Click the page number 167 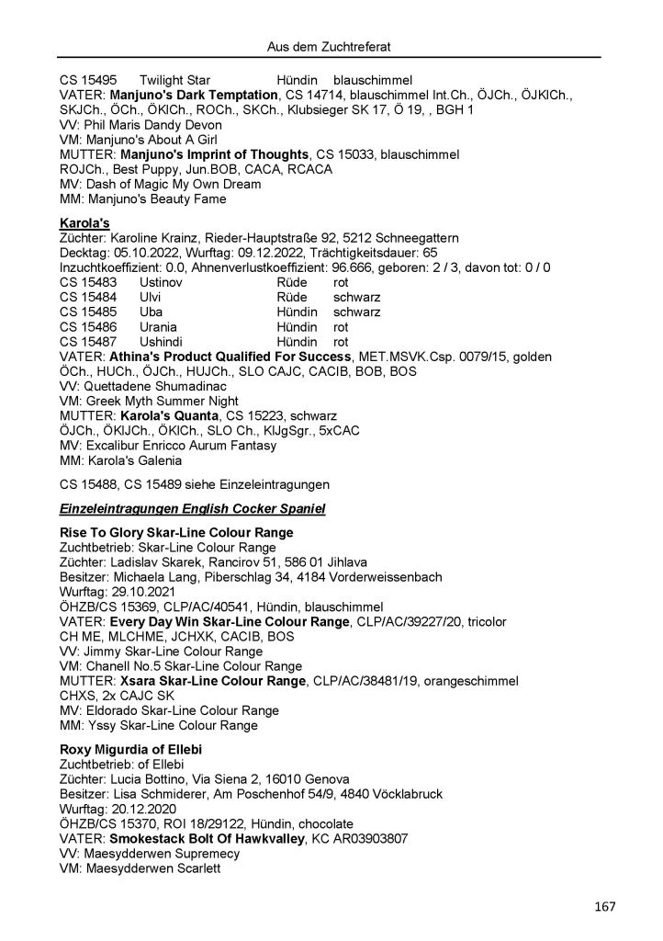603,907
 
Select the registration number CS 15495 85,82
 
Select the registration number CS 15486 85,326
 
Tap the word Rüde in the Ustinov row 292,283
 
